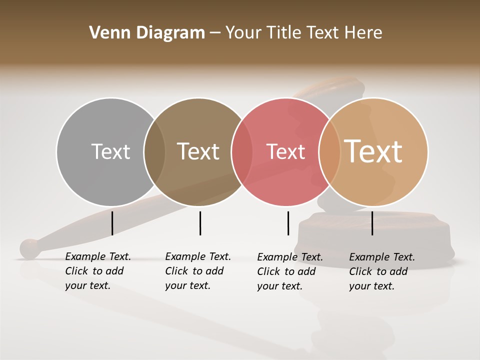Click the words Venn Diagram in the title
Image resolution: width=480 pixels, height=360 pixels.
[x=147, y=33]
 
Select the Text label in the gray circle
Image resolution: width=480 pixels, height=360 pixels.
[x=110, y=151]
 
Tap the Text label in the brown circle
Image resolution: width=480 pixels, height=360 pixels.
[x=198, y=151]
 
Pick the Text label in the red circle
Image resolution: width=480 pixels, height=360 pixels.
[x=285, y=151]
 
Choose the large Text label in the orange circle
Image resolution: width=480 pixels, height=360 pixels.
[x=373, y=151]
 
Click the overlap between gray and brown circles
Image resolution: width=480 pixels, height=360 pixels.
[x=154, y=152]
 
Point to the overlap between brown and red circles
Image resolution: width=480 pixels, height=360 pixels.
[x=242, y=152]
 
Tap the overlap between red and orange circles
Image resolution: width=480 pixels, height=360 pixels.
[x=329, y=152]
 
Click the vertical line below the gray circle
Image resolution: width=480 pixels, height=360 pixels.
[x=112, y=223]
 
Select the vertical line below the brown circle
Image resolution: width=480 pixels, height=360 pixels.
[x=200, y=223]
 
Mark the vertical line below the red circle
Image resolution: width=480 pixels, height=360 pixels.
[x=288, y=223]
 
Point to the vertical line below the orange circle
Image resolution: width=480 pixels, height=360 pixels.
[x=372, y=223]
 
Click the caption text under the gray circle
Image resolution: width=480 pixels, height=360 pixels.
[x=97, y=271]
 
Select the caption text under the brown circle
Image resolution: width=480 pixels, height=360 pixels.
[x=197, y=271]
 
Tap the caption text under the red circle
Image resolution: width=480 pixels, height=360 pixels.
[x=289, y=271]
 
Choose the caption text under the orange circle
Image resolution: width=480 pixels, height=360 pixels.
[x=381, y=271]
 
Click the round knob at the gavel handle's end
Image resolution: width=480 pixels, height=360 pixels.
[x=30, y=248]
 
